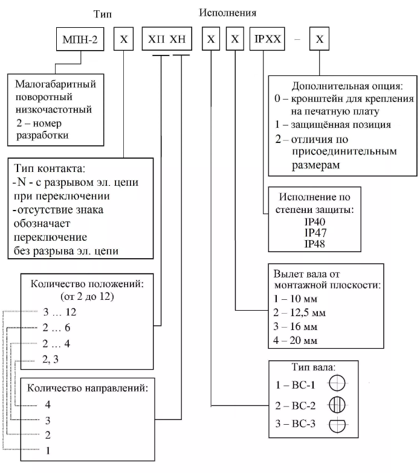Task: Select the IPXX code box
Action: pos(267,41)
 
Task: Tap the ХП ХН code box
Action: pos(166,41)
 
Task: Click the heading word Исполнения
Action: pos(228,11)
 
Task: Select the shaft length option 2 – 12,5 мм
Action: pos(300,312)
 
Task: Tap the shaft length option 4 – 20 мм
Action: pos(297,340)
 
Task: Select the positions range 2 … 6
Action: pos(58,329)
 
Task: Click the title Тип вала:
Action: pos(312,367)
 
